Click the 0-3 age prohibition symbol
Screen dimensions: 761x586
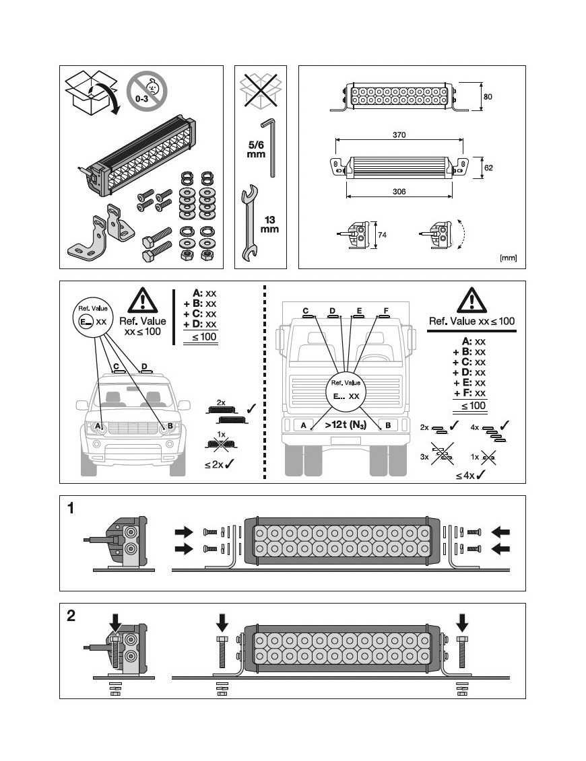[147, 91]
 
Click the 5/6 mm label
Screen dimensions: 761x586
[255, 149]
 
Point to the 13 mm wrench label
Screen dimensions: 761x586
[269, 225]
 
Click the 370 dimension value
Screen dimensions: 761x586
[399, 135]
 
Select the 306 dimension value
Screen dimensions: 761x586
[398, 192]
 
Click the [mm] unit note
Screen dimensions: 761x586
[508, 258]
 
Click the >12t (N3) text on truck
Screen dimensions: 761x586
[344, 425]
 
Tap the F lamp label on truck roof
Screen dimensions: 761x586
[385, 311]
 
